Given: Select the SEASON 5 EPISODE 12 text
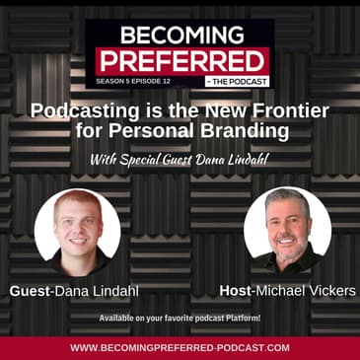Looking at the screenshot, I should [134, 81].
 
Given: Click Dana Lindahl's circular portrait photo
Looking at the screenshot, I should [77, 231].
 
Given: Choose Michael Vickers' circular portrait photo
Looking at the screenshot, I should [287, 230].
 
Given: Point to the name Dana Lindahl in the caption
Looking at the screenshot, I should [98, 292].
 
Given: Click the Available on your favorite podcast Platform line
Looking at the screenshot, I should [180, 320].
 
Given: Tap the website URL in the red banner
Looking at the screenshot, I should [180, 347].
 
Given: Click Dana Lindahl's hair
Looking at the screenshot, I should [77, 202].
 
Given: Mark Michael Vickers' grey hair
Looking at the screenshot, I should [286, 197].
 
